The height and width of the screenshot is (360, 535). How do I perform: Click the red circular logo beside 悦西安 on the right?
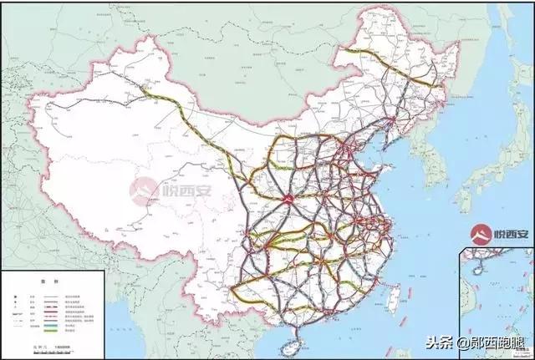click(x=481, y=232)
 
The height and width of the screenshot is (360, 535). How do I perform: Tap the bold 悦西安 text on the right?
click(x=510, y=233)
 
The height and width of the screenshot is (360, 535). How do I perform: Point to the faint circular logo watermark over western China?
click(x=143, y=186)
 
